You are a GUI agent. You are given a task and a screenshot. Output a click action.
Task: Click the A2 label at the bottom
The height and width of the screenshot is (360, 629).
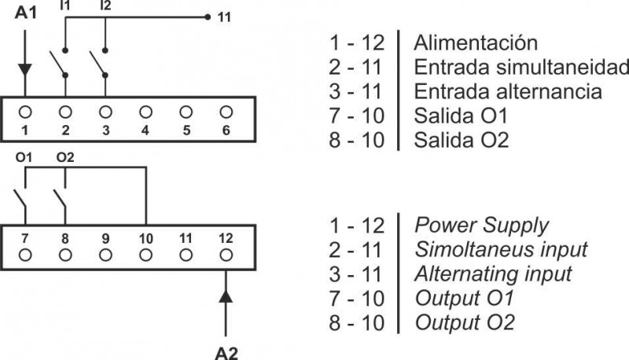(226, 350)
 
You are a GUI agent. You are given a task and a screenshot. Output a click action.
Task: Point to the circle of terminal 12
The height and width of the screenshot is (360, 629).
(226, 255)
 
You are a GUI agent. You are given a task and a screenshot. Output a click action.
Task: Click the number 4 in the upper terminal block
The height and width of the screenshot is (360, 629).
(145, 130)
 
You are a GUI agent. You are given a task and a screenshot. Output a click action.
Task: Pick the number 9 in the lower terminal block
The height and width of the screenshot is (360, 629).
(105, 237)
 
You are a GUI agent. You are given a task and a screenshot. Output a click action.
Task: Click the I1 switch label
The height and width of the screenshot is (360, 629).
(64, 6)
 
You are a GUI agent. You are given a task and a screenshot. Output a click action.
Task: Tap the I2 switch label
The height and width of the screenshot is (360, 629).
(105, 6)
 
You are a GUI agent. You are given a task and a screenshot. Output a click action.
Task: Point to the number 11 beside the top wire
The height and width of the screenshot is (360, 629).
(224, 16)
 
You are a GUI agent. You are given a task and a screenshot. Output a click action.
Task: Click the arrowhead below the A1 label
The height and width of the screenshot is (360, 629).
(25, 68)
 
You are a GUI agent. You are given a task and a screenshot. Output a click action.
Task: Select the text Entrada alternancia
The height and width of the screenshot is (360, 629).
(507, 91)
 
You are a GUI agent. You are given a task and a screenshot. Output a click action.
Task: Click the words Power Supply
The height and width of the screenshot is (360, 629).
(480, 226)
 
